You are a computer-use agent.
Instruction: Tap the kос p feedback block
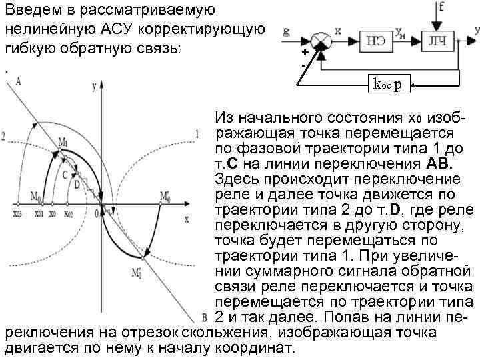click(x=387, y=85)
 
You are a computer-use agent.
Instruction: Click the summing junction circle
click(x=322, y=41)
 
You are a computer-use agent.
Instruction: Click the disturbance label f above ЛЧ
click(x=441, y=9)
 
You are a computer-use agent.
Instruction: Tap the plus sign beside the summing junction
click(x=304, y=53)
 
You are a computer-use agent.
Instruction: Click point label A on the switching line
click(x=18, y=81)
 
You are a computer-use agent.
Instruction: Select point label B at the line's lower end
click(x=205, y=316)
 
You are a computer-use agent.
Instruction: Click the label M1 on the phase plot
click(x=63, y=141)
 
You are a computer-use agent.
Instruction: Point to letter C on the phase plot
click(x=64, y=175)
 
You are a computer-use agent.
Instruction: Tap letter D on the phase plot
click(x=76, y=183)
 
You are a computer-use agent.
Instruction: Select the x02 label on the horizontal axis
click(x=69, y=215)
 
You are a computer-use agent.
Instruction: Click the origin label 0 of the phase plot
click(x=95, y=212)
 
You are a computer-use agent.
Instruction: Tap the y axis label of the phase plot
click(x=95, y=85)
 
